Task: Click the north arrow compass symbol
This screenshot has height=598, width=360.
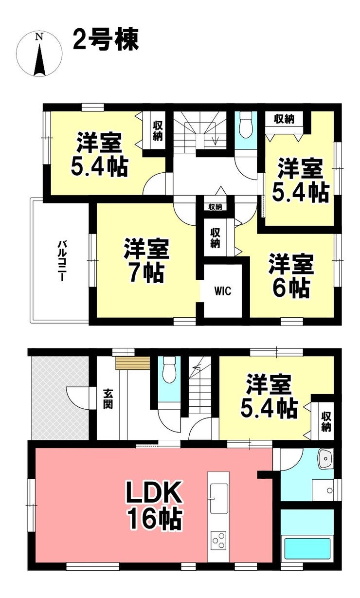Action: pos(39,54)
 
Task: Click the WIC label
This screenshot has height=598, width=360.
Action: pos(222,291)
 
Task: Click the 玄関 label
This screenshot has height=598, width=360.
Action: pos(108,399)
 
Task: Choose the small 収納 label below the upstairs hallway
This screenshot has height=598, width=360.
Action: pos(215,207)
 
